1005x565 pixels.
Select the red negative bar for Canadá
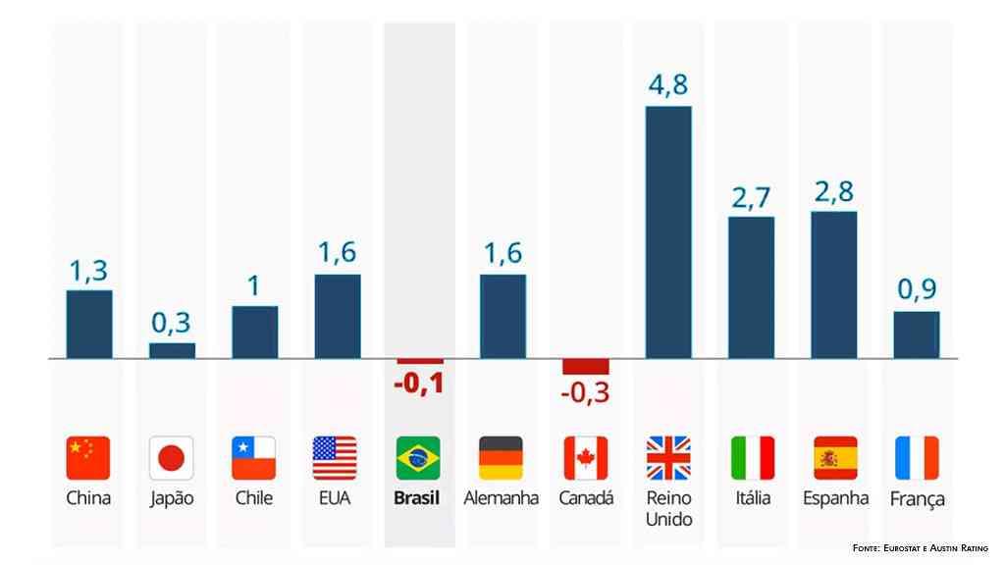[x=586, y=366]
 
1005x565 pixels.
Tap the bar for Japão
[x=172, y=350]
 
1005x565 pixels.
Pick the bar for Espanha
[x=833, y=284]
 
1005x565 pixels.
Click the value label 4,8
[x=668, y=86]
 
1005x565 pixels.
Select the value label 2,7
[x=751, y=198]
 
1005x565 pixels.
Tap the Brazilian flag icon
[x=419, y=457]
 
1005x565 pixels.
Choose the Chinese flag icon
[x=88, y=457]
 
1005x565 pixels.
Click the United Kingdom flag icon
[x=668, y=457]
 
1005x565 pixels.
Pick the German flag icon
[x=502, y=457]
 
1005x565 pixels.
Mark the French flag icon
[x=917, y=457]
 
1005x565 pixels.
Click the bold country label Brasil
[x=417, y=498]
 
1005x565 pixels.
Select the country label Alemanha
[x=502, y=498]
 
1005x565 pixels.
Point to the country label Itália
[x=753, y=498]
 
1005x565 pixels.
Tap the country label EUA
[x=336, y=498]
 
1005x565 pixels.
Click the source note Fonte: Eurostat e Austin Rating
[x=921, y=547]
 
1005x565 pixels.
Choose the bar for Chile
[x=254, y=333]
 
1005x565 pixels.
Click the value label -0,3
[x=586, y=394]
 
